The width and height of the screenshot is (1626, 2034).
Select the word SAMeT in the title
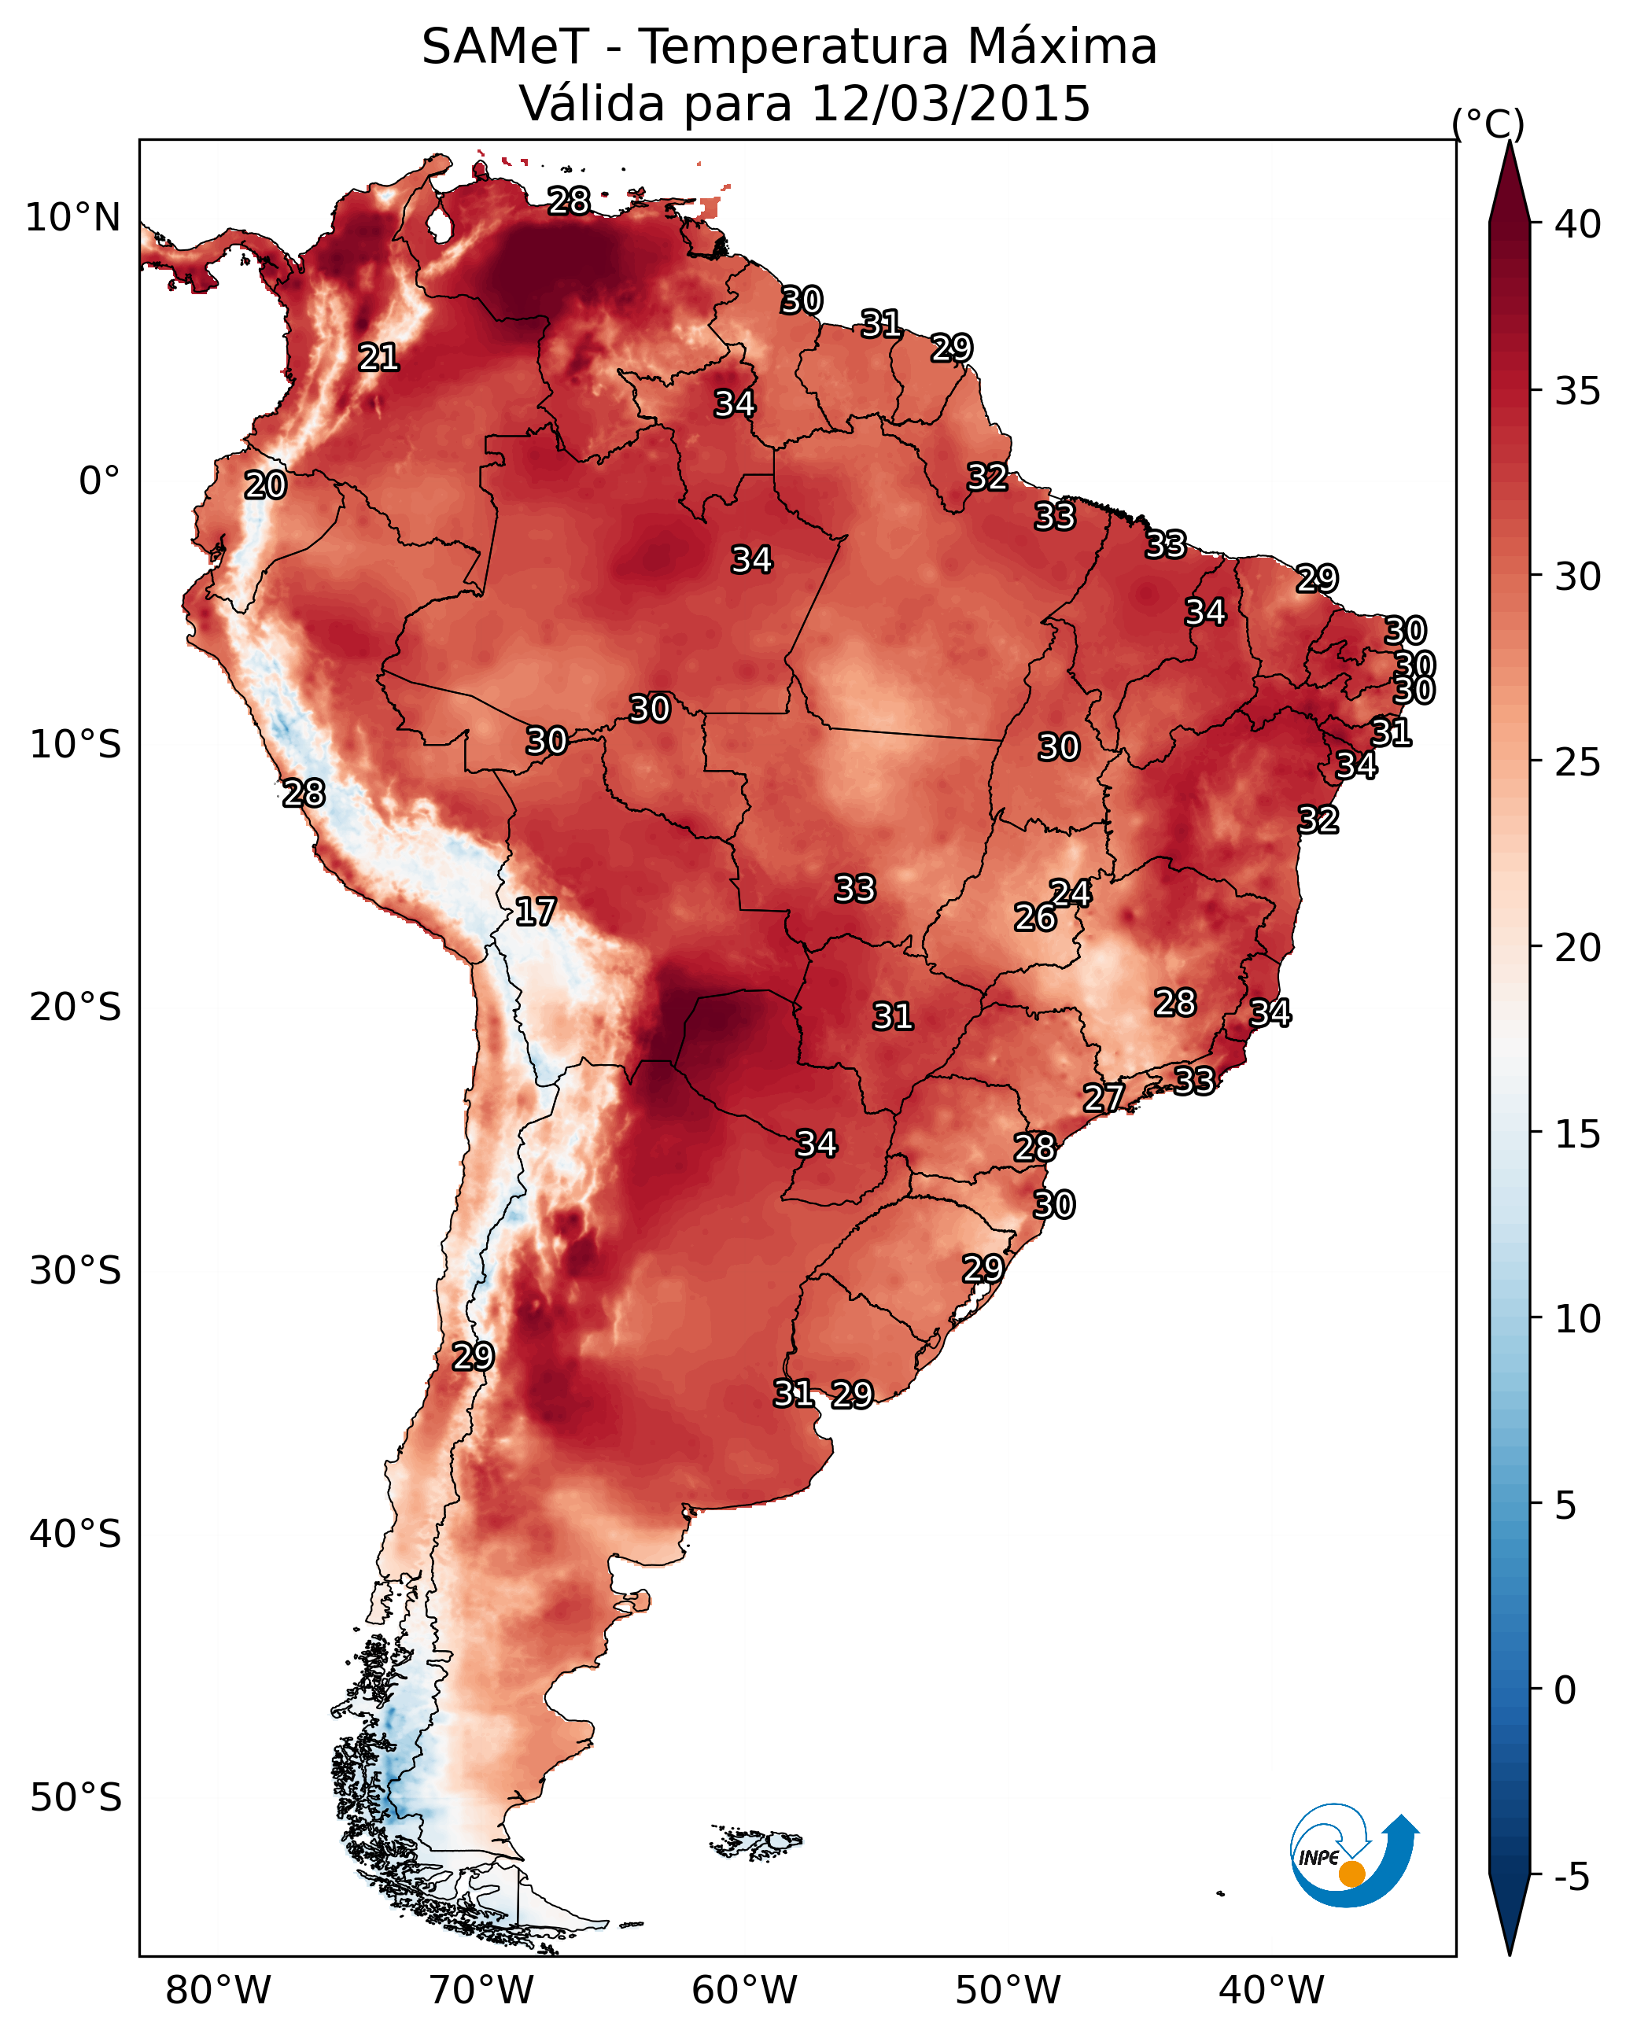pos(505,47)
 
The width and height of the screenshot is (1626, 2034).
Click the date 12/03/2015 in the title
pos(950,104)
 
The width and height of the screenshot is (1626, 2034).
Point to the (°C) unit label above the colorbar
pos(1488,123)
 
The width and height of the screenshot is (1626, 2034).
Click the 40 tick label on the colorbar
pos(1578,224)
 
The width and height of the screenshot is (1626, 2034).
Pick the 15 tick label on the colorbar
pos(1578,1134)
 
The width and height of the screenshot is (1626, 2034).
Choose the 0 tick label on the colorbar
pos(1565,1690)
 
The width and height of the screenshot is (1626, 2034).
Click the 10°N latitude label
pos(72,218)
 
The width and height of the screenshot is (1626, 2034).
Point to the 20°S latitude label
pos(76,1008)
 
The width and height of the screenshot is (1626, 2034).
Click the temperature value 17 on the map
pos(535,912)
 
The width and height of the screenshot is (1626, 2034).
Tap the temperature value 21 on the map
pos(378,358)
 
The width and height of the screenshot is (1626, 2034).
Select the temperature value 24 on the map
pos(1071,894)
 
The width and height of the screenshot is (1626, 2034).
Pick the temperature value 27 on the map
pos(1103,1098)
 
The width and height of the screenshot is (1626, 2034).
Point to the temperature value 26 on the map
pos(1035,918)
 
